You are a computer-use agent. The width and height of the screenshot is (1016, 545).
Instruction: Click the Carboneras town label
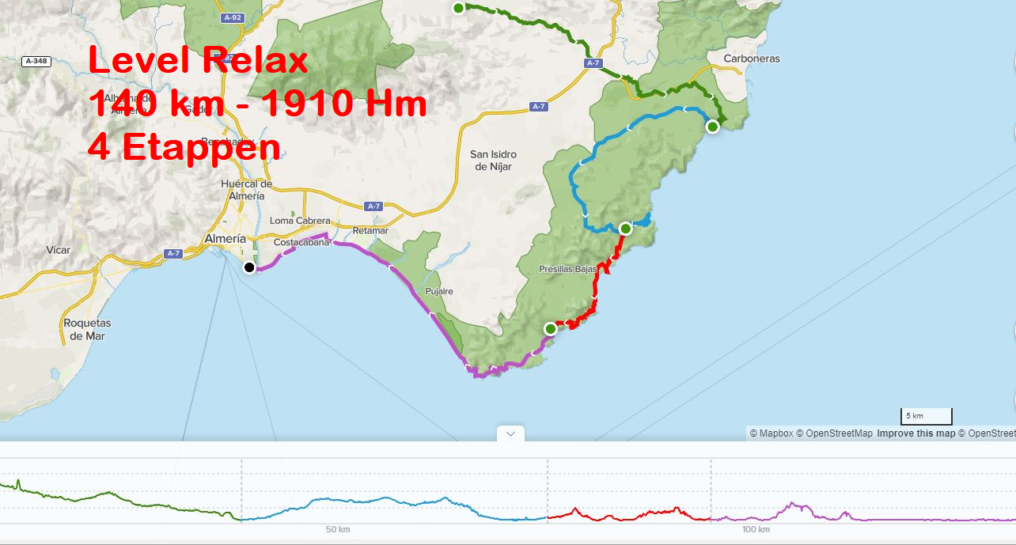(x=752, y=59)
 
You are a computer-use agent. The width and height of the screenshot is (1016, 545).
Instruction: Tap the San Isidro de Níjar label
(x=493, y=161)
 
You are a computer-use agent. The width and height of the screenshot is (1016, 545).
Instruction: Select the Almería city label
(x=226, y=238)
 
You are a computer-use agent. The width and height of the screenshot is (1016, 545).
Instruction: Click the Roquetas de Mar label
(x=87, y=329)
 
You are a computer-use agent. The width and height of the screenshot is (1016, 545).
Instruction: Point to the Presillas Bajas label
(x=567, y=269)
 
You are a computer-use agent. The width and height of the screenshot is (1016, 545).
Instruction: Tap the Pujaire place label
(x=439, y=291)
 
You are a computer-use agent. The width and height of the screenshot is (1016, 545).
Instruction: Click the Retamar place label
(x=370, y=230)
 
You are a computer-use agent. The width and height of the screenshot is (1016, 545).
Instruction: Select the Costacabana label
(x=301, y=243)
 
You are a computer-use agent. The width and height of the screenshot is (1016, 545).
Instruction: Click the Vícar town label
(x=58, y=250)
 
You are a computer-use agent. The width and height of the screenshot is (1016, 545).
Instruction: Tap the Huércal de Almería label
(x=247, y=190)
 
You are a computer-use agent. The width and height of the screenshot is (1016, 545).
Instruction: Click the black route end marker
(x=249, y=267)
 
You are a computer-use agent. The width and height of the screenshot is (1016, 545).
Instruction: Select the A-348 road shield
(x=36, y=61)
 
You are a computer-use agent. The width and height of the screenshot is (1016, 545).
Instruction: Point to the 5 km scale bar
(x=927, y=416)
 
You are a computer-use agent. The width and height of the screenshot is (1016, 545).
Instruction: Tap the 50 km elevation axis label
(x=338, y=529)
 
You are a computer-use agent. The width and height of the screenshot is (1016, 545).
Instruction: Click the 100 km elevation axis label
(x=756, y=529)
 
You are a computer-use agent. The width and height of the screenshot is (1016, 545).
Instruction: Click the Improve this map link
(x=916, y=433)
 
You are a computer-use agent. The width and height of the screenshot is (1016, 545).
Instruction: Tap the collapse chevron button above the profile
(x=510, y=433)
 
